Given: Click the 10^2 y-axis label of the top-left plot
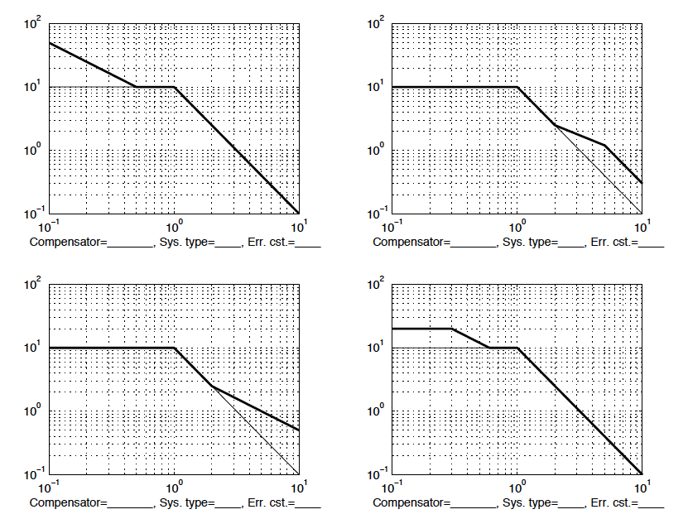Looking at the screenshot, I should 32,25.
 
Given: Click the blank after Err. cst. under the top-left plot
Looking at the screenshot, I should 308,243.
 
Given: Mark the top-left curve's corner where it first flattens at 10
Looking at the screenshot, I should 137,86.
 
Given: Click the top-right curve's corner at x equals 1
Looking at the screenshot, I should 517,86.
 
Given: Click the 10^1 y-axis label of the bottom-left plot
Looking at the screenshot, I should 32,348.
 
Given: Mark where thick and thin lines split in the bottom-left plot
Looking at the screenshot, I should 212,386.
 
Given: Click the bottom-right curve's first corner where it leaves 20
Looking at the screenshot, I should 451,329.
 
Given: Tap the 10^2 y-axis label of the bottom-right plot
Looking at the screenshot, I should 375,286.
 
